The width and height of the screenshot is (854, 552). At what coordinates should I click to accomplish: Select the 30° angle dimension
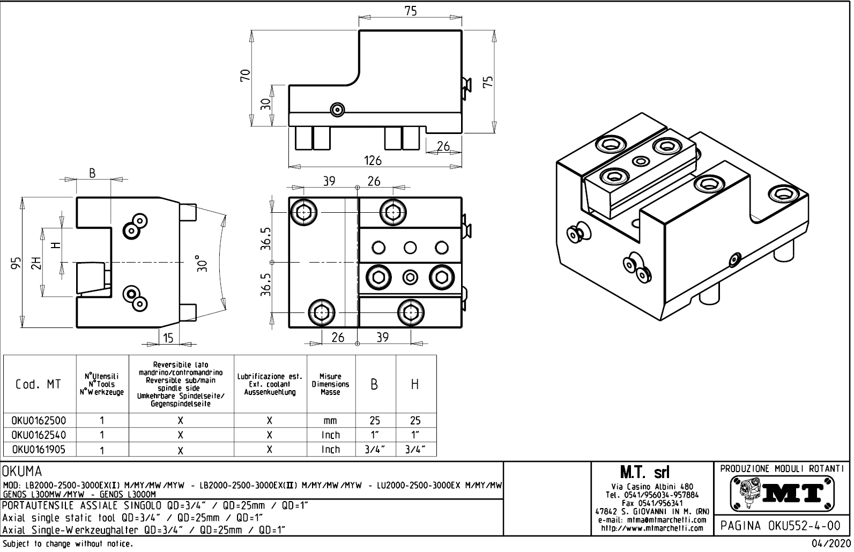[202, 263]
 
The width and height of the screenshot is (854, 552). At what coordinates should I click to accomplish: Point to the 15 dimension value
[168, 338]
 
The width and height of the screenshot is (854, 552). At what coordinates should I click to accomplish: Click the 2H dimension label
[35, 263]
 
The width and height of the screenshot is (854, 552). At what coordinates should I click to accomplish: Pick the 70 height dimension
[246, 75]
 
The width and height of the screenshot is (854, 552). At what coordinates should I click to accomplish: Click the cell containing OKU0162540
[40, 435]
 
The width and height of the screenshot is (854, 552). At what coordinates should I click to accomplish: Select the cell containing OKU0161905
[40, 449]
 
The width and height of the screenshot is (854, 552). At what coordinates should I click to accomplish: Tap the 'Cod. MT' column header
[39, 384]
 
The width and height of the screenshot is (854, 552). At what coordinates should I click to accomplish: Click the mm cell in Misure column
[330, 421]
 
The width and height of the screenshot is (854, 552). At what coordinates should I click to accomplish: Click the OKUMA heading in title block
[23, 472]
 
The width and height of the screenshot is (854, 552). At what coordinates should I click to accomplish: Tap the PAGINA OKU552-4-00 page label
[782, 525]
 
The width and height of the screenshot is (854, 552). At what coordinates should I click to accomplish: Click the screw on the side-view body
[337, 109]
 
